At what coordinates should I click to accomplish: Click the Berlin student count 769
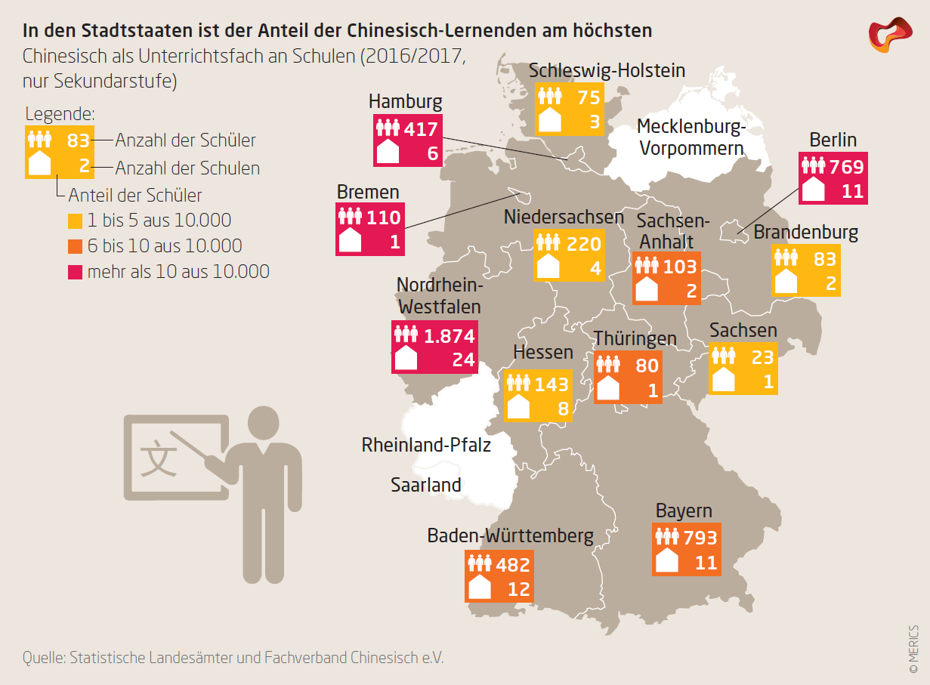(847, 167)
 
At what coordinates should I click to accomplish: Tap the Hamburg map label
(405, 101)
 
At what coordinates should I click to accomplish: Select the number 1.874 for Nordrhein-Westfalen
(450, 336)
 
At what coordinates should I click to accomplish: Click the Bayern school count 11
(706, 563)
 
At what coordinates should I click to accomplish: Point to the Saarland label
(426, 484)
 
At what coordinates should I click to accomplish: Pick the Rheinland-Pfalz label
(426, 445)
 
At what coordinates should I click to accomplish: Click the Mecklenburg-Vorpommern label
(691, 137)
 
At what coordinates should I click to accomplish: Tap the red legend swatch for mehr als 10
(75, 273)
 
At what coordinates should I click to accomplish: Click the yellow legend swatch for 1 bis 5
(75, 221)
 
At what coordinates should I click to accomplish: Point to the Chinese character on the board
(159, 458)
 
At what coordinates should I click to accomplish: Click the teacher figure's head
(263, 423)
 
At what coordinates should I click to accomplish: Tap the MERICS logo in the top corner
(890, 35)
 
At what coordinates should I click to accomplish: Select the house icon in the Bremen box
(350, 239)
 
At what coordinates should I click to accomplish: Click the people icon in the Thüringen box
(608, 365)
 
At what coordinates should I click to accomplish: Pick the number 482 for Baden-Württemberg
(513, 565)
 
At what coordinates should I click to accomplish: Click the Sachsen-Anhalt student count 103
(680, 267)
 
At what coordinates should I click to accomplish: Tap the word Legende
(60, 114)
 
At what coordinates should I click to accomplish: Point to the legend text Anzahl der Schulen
(187, 168)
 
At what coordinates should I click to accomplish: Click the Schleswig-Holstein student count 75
(589, 97)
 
